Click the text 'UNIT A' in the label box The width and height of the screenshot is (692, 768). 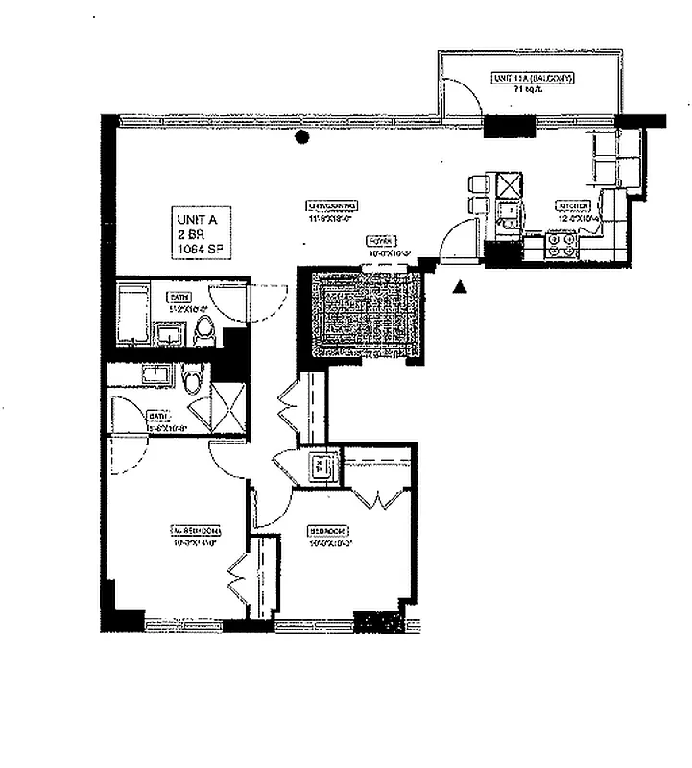pos(197,219)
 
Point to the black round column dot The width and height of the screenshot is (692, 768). pos(302,137)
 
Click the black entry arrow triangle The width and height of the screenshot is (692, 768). pos(461,286)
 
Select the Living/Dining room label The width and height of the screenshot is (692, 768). pos(333,205)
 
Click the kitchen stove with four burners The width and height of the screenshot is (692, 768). pos(561,246)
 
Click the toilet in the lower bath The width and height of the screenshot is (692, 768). pos(192,383)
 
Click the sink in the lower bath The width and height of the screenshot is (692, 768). pos(156,374)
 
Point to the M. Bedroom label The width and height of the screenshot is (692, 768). pos(196,530)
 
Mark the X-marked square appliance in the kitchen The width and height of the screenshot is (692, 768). pos(508,183)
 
